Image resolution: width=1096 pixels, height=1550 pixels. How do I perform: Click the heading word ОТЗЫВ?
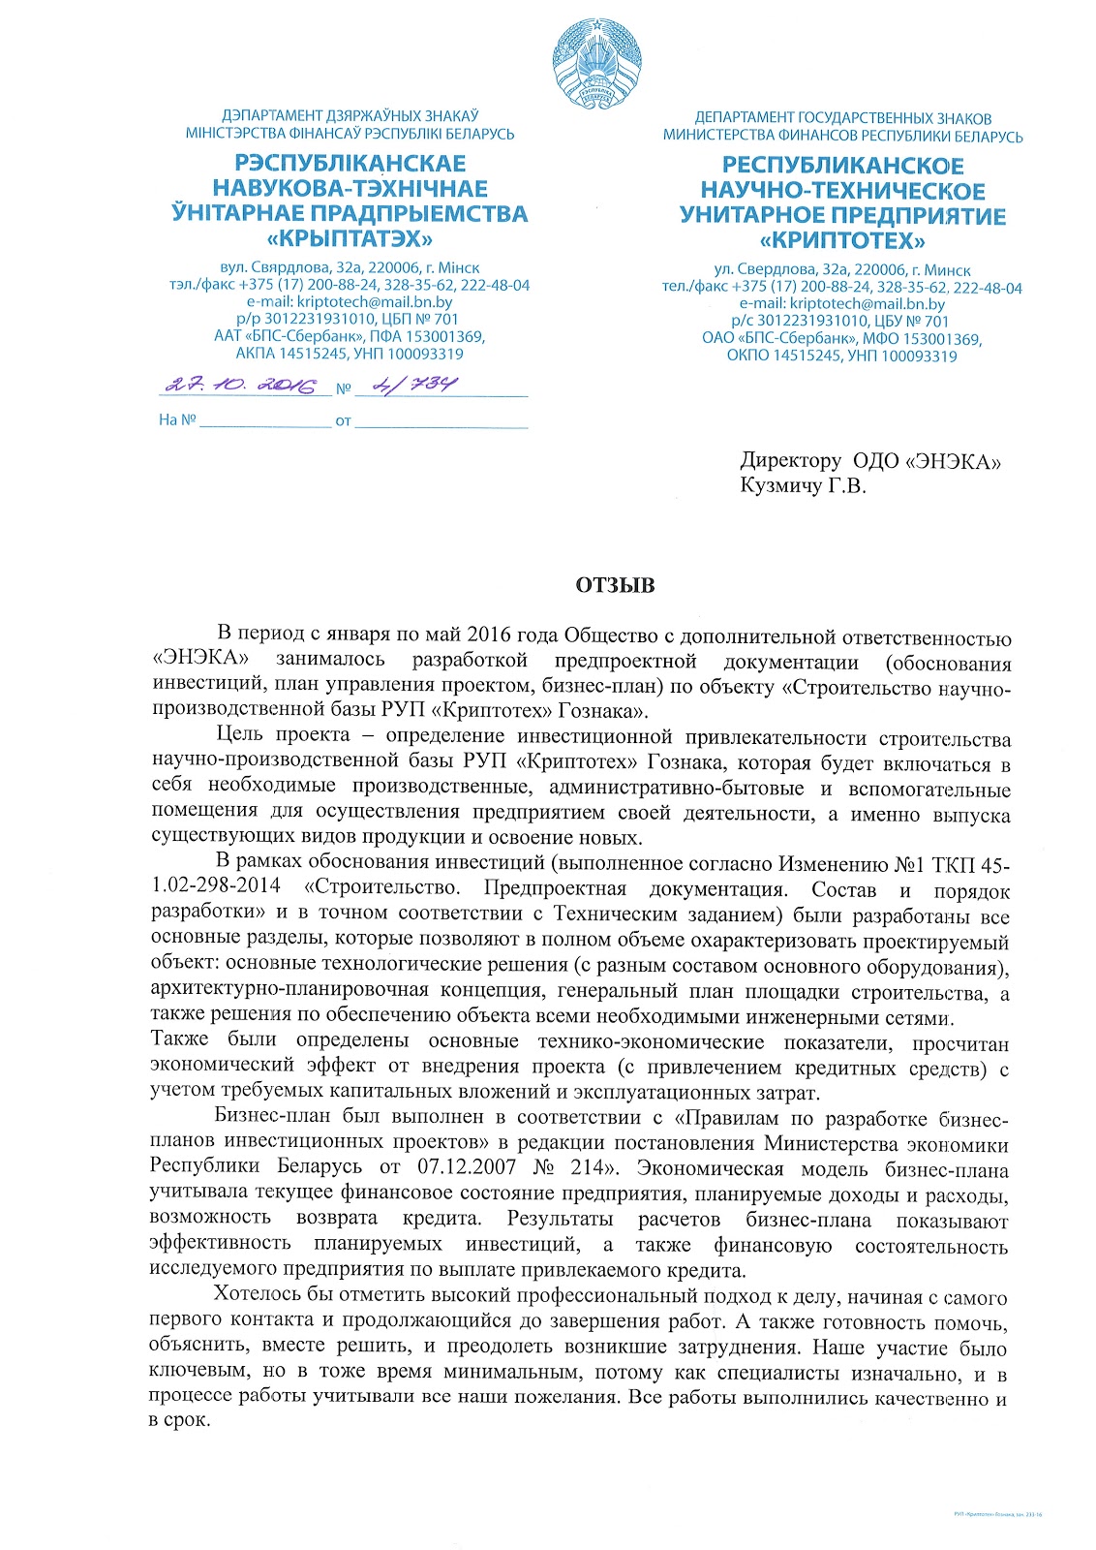pyautogui.click(x=615, y=585)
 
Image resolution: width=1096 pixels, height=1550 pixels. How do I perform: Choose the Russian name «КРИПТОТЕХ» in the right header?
pyautogui.click(x=842, y=240)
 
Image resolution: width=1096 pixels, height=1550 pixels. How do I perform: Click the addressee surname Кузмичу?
pyautogui.click(x=780, y=485)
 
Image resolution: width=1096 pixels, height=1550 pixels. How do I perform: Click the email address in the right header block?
pyautogui.click(x=842, y=304)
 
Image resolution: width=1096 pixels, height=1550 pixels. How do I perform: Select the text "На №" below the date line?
pyautogui.click(x=177, y=420)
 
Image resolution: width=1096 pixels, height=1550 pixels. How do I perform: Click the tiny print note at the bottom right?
pyautogui.click(x=997, y=1513)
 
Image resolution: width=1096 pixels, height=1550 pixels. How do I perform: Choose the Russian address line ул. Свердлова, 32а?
pyautogui.click(x=842, y=270)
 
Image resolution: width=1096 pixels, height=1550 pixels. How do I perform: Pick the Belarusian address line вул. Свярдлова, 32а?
pyautogui.click(x=350, y=267)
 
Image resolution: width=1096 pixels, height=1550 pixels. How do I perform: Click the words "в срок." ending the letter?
pyautogui.click(x=179, y=1421)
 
